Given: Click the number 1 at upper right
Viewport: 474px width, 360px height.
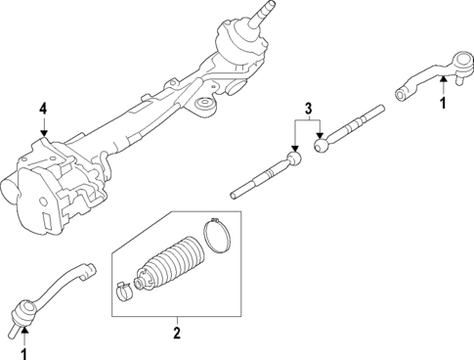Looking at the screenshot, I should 443,102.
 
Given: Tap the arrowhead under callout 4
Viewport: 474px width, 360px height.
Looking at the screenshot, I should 42,135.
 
